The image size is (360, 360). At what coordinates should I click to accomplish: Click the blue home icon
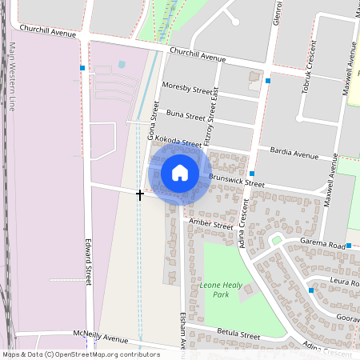click(x=180, y=173)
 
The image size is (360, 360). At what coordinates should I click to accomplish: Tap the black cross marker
click(x=140, y=194)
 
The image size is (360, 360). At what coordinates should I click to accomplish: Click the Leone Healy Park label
click(x=219, y=290)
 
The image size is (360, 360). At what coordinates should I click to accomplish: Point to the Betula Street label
click(x=238, y=334)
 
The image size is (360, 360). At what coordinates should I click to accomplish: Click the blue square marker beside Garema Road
click(x=349, y=245)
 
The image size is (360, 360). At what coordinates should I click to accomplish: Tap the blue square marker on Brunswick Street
click(x=252, y=174)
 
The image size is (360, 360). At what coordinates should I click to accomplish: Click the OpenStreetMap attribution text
click(x=81, y=354)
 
